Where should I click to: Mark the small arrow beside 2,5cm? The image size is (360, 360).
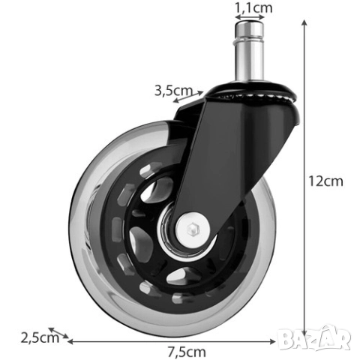click(x=58, y=334)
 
